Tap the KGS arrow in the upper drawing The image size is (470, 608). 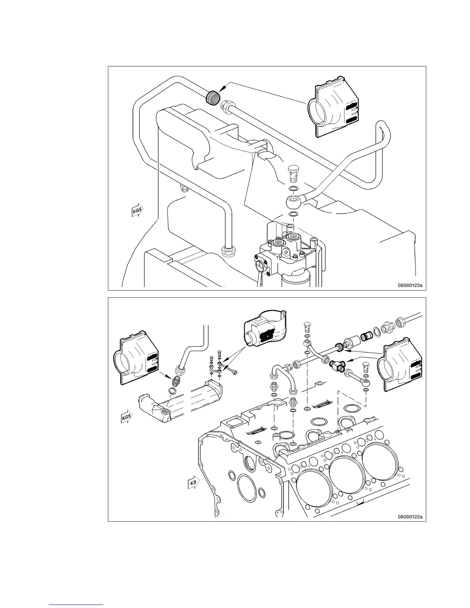[135, 210]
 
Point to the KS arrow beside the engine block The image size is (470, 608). [193, 483]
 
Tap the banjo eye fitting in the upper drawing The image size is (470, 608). [294, 200]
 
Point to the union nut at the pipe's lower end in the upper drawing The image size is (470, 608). [228, 251]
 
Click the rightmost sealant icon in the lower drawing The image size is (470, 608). [400, 368]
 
